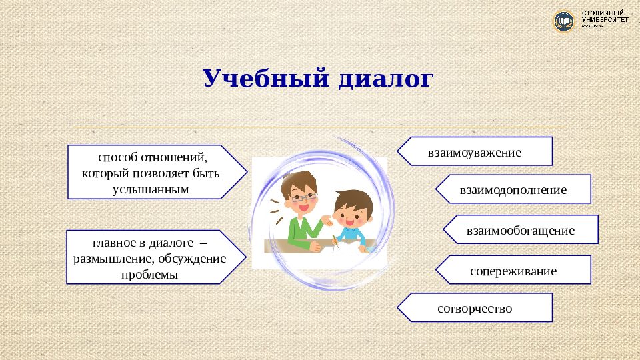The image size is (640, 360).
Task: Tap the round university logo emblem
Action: tap(564, 21)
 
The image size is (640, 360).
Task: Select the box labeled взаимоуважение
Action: tap(475, 151)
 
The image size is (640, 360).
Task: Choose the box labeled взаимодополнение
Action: tap(513, 189)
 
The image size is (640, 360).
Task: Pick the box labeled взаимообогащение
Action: tap(520, 230)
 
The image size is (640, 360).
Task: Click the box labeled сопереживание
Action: tap(513, 270)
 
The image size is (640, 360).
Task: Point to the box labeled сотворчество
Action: tap(475, 308)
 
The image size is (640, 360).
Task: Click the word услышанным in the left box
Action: tap(151, 189)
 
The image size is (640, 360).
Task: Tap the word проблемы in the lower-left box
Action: tap(150, 274)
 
